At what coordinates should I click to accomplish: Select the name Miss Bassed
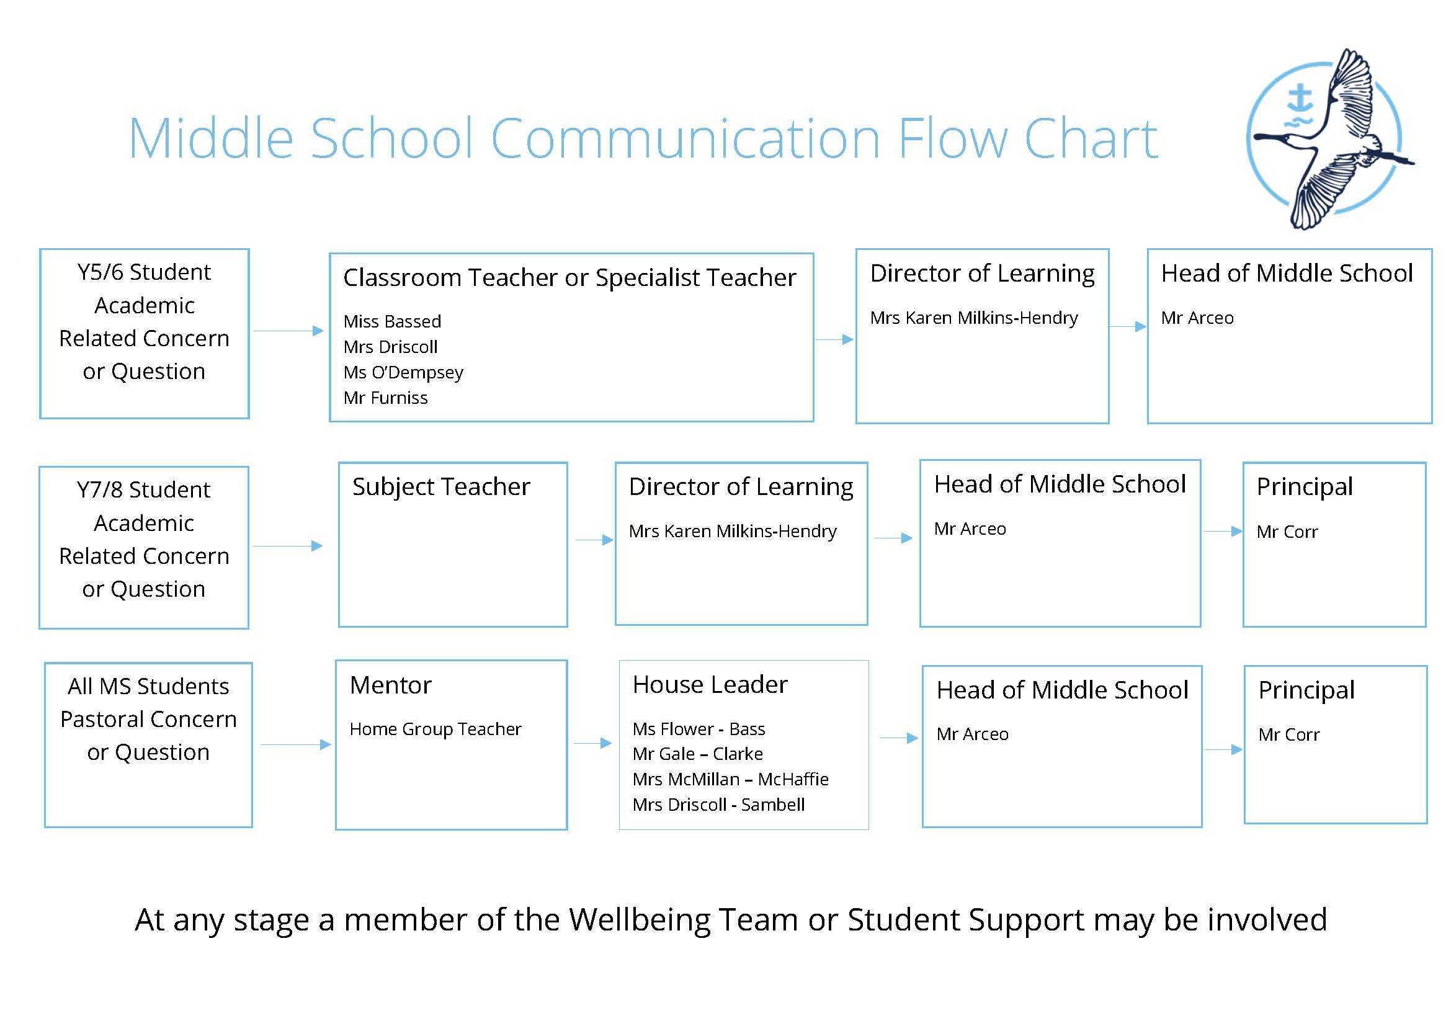(x=392, y=321)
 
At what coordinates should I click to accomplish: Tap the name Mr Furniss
(x=385, y=398)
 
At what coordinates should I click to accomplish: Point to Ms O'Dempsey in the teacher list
(x=403, y=373)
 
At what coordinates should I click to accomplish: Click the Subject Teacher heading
(x=441, y=487)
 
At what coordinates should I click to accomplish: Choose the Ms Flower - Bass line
(x=699, y=729)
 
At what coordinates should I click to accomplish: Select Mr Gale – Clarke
(x=698, y=754)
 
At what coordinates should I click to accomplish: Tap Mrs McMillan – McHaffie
(x=731, y=779)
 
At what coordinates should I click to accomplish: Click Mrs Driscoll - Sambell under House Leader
(x=718, y=805)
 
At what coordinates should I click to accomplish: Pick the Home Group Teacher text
(x=435, y=729)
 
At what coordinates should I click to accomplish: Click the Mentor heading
(x=391, y=685)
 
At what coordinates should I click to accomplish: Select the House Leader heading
(x=710, y=684)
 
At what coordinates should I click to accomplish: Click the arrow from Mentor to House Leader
(x=593, y=744)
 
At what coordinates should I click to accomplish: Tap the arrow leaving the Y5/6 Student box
(x=288, y=331)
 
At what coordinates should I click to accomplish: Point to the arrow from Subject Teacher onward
(x=594, y=540)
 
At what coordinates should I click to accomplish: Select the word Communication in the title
(x=685, y=138)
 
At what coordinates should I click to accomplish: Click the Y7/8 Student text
(x=143, y=490)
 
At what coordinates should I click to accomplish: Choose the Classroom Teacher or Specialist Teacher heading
(x=569, y=278)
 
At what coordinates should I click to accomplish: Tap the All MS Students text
(x=148, y=687)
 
